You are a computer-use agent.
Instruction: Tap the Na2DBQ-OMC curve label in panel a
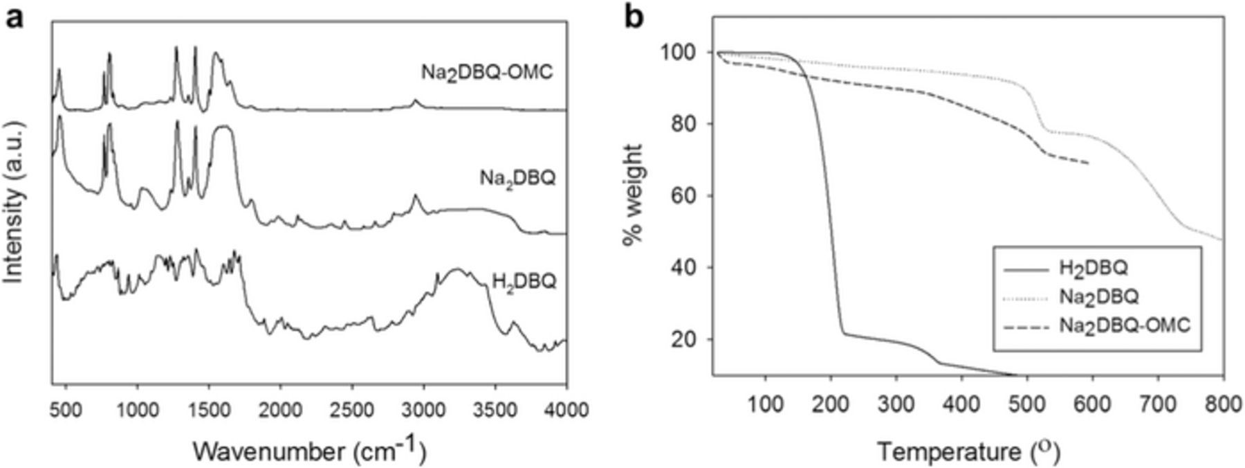click(x=487, y=73)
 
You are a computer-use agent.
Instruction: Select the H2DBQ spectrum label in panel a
click(x=524, y=282)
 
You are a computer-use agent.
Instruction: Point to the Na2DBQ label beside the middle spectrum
click(x=517, y=179)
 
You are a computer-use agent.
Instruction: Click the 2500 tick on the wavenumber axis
click(x=351, y=410)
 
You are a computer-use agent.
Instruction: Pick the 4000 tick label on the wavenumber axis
click(x=566, y=410)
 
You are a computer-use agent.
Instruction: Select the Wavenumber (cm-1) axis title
click(x=309, y=451)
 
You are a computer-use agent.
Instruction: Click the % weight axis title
click(x=632, y=195)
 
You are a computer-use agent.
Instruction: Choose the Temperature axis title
click(x=968, y=452)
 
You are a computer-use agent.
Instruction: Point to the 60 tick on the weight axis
click(x=694, y=196)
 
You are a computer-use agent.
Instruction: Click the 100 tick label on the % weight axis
click(x=688, y=53)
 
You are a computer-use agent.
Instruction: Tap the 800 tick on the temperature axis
click(x=1223, y=406)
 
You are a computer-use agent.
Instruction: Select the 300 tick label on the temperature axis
click(x=896, y=406)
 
